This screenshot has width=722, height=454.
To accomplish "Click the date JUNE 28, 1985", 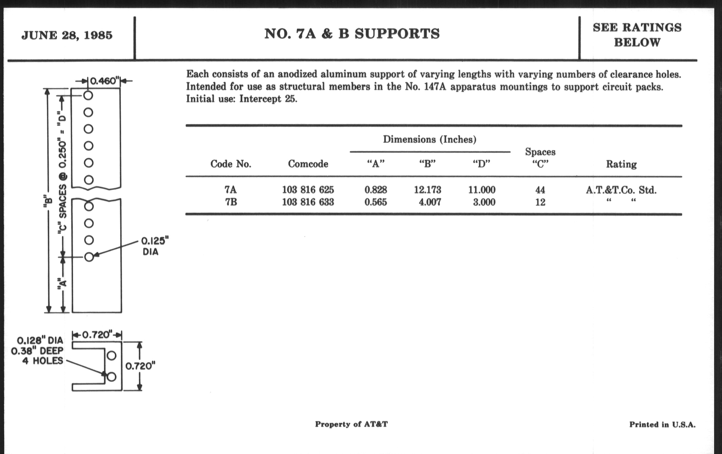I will pos(67,35).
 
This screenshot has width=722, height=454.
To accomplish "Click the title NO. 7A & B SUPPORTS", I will pos(352,34).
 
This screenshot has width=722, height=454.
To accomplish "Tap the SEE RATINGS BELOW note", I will pos(637,35).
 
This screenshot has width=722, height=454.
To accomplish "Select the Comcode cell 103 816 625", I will pos(308,190).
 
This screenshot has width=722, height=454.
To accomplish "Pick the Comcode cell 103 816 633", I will pos(308,202).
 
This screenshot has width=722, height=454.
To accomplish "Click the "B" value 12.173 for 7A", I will pos(427,190).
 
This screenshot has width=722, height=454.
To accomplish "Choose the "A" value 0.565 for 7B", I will pos(376,202).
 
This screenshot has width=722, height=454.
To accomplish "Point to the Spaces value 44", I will pos(540,190).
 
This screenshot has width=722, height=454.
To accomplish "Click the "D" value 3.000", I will pos(484,202).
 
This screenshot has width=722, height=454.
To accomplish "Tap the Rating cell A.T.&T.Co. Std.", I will pos(621,190).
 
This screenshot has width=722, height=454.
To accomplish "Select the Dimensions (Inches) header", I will pos(430,139).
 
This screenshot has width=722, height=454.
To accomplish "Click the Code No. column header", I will pos(231,164).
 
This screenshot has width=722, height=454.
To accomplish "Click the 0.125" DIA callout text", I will pos(154,246).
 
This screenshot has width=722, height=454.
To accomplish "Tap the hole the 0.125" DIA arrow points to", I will pos(89,257).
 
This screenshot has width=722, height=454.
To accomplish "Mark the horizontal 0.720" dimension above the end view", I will pos(97,334).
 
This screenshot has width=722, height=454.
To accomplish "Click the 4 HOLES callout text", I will pos(42,361).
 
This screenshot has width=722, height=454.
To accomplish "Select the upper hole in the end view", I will pos(112,356).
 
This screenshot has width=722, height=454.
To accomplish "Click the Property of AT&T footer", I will pos(351,424).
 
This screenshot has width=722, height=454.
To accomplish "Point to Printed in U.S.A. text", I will pos(662,424).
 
